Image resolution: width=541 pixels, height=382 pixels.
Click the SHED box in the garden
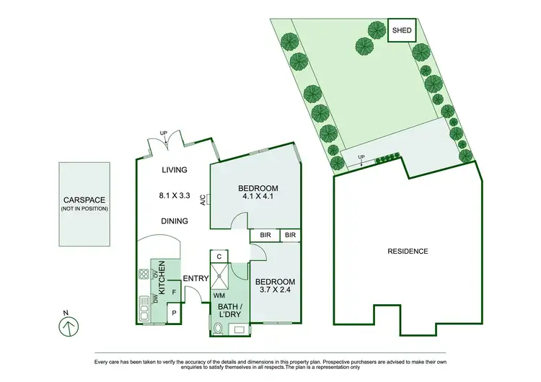[x=402, y=31]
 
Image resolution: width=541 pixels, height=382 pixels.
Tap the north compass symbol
[x=66, y=327]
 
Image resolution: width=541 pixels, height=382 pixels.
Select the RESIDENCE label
[x=408, y=252]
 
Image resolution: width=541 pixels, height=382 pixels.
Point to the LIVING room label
[x=174, y=170]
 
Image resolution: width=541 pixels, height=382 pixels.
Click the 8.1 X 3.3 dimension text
[x=174, y=194]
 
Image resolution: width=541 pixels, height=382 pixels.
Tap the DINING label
[x=175, y=221]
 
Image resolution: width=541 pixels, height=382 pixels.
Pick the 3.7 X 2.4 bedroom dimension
[x=277, y=291]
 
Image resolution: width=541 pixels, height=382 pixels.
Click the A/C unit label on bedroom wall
[x=206, y=200]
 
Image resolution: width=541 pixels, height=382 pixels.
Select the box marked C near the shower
[x=219, y=256]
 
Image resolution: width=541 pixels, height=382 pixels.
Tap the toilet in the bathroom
[x=218, y=329]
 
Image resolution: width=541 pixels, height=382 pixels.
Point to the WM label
[x=219, y=295]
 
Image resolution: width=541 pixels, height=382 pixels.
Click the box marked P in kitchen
[x=174, y=314]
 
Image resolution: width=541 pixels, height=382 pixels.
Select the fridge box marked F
[x=174, y=292]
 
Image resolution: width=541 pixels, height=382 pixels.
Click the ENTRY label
[x=195, y=279]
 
